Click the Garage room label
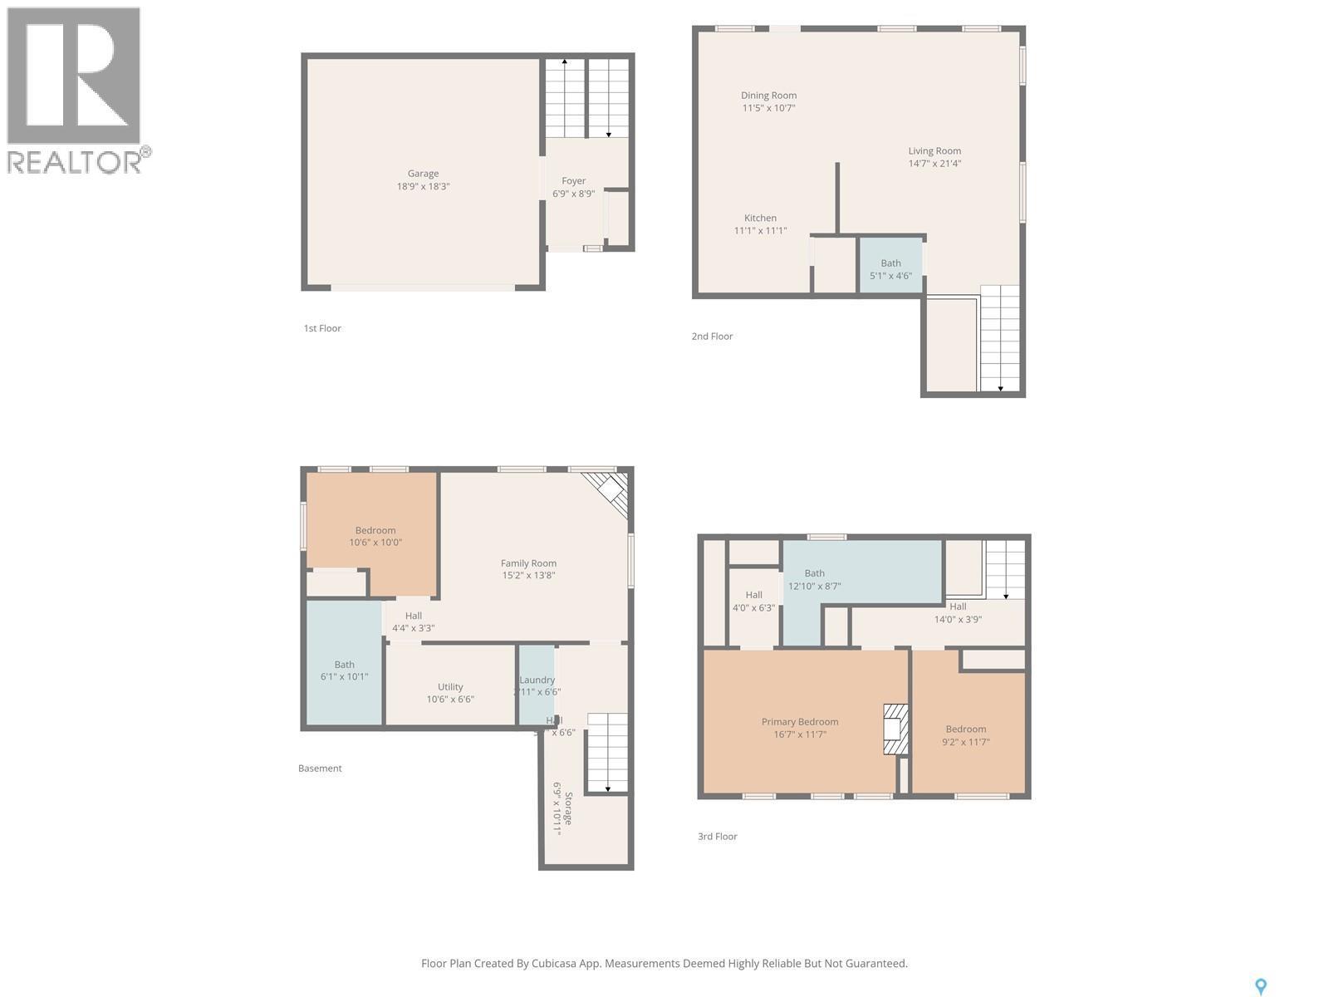(423, 174)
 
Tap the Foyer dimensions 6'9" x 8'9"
(573, 194)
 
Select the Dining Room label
(768, 96)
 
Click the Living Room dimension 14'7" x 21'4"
(934, 164)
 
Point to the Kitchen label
(760, 218)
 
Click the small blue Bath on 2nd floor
(890, 266)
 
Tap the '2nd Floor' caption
(712, 336)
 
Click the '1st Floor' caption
(322, 328)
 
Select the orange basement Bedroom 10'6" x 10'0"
(375, 536)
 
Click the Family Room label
(528, 563)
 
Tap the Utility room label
(450, 687)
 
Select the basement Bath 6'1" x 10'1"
(344, 670)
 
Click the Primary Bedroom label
(800, 722)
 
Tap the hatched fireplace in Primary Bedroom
(895, 729)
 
